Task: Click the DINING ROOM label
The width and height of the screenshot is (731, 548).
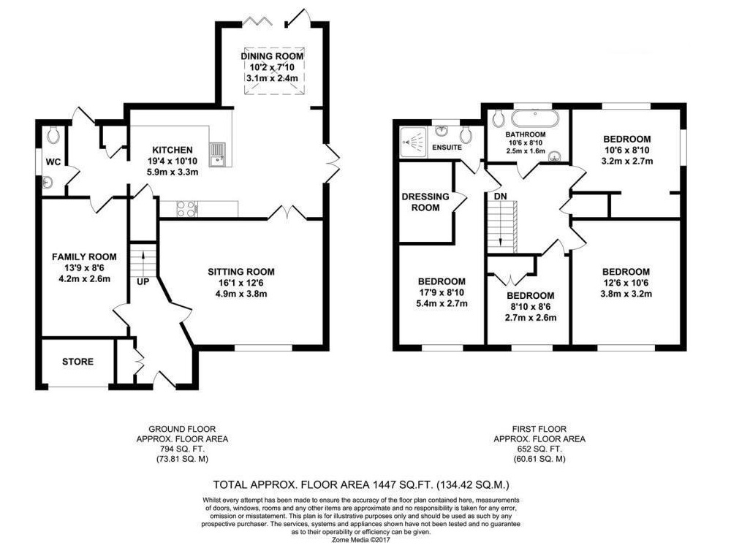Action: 272,56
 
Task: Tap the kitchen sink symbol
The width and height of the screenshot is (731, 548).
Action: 217,154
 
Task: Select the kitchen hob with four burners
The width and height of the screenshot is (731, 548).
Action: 187,208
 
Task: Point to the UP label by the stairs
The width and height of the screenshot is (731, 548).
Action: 143,282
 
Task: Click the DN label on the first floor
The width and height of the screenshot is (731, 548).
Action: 500,197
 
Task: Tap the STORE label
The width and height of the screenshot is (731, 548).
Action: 78,362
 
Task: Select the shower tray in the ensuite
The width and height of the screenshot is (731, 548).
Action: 413,142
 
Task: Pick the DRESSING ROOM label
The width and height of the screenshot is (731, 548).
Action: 425,202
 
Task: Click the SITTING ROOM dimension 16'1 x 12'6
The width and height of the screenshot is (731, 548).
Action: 241,283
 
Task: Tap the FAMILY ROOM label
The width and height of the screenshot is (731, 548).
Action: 84,256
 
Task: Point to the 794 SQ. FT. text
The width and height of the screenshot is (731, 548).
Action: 182,449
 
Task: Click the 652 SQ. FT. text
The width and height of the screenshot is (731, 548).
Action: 539,449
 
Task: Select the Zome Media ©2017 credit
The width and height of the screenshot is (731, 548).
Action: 360,540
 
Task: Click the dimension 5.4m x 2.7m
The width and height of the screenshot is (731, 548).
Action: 442,304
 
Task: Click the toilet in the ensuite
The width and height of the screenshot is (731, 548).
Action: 465,135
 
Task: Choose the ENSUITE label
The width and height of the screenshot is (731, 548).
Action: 447,148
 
